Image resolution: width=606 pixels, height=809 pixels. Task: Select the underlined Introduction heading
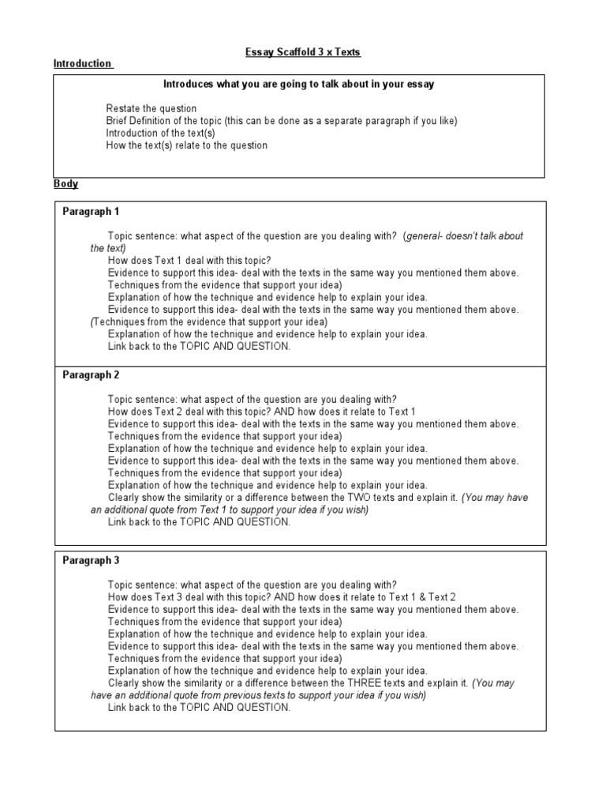pos(82,63)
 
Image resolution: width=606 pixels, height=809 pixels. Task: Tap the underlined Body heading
pos(65,184)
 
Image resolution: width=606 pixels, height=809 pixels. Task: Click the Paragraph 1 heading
pos(91,212)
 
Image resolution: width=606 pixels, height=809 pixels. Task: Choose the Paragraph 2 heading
pos(91,374)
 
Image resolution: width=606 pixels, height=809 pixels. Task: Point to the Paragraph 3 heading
pos(91,560)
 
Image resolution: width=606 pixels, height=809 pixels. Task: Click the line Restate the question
pos(151,108)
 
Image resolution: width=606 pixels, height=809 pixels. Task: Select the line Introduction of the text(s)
pos(160,133)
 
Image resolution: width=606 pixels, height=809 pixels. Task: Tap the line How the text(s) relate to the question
pos(187,145)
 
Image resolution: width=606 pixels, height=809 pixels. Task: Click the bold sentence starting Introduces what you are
pos(298,84)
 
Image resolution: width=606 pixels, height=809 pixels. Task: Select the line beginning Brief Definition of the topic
pos(282,121)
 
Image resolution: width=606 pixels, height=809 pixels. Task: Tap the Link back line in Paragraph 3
pos(199,707)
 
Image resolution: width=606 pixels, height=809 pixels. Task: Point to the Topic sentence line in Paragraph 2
pos(252,399)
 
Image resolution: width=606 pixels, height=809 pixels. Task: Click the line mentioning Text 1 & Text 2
pos(282,597)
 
